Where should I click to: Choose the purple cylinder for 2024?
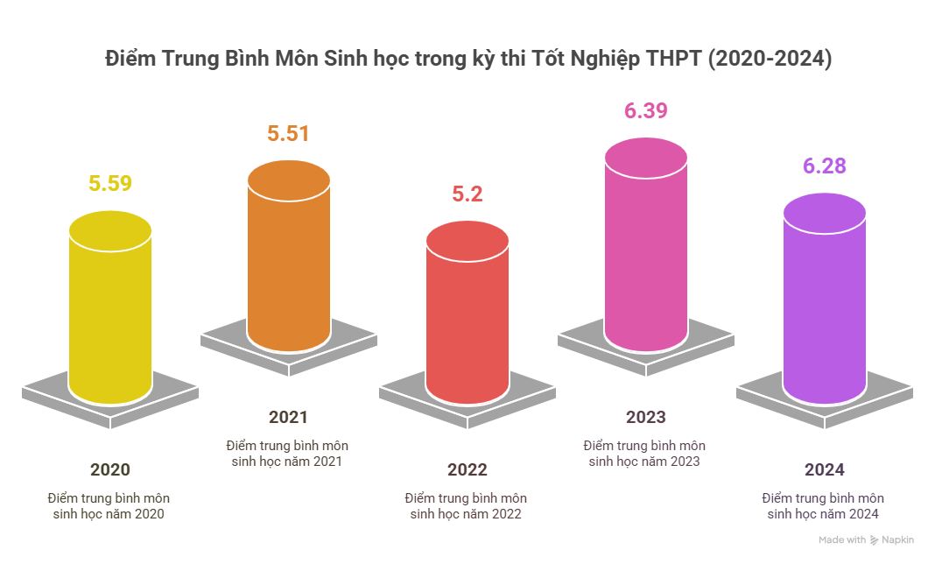(x=825, y=307)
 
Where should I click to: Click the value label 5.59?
(x=110, y=184)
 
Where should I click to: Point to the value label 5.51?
(x=289, y=134)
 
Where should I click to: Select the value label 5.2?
(x=467, y=194)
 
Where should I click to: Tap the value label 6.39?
(x=646, y=111)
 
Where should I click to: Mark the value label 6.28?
(x=825, y=166)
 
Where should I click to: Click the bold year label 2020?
(x=110, y=469)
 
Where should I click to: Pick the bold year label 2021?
(x=289, y=417)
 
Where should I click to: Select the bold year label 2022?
(x=467, y=469)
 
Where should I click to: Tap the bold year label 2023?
(x=646, y=417)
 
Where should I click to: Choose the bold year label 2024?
(x=825, y=469)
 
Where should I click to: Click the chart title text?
(x=467, y=60)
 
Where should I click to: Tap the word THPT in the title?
(x=671, y=60)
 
